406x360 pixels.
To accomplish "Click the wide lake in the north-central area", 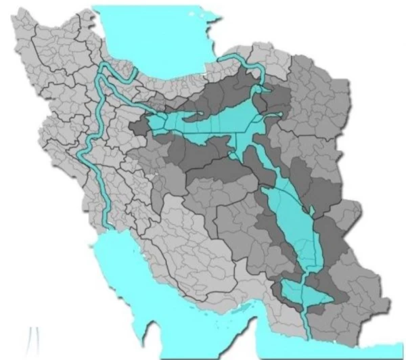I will [203, 125].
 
